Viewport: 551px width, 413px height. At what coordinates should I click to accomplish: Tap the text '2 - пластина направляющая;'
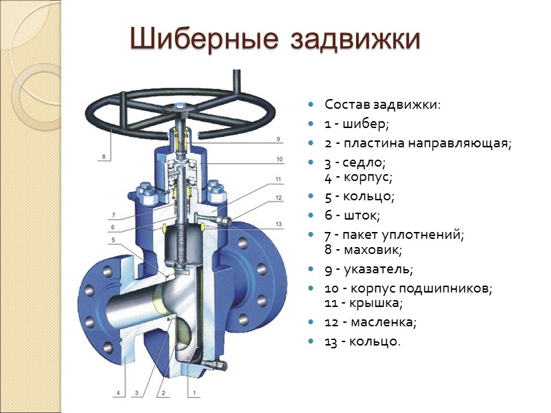(x=418, y=144)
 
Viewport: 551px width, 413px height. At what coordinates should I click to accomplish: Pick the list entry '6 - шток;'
(x=352, y=215)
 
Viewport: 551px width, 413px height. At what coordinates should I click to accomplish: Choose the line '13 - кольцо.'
(x=362, y=341)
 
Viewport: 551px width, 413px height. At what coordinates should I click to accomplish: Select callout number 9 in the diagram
(x=278, y=139)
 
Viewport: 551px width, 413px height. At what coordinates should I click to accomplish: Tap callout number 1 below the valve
(x=195, y=393)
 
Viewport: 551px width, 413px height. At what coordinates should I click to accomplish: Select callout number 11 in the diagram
(x=278, y=180)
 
